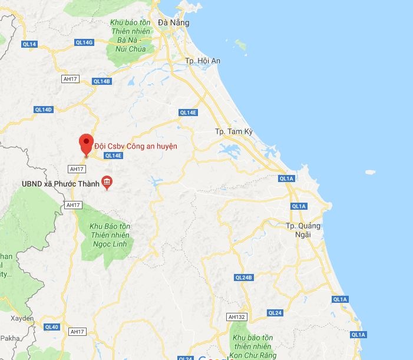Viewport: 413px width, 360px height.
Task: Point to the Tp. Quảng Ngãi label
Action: tap(303, 230)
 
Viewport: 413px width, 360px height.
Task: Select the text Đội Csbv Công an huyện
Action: tap(136, 146)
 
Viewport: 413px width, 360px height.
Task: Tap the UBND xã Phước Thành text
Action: tap(60, 183)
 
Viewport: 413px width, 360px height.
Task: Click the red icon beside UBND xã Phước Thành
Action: tap(107, 183)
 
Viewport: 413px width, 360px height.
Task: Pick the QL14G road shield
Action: tap(84, 42)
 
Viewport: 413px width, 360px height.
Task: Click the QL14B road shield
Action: tap(101, 81)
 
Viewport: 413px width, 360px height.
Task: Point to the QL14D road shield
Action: tap(43, 110)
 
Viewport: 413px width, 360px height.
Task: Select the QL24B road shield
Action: tap(243, 277)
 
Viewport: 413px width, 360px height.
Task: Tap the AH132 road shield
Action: tap(236, 317)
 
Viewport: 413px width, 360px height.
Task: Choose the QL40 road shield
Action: tap(51, 327)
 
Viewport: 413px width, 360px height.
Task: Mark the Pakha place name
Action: tap(10, 339)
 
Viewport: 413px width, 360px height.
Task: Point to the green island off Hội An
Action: tap(240, 44)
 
